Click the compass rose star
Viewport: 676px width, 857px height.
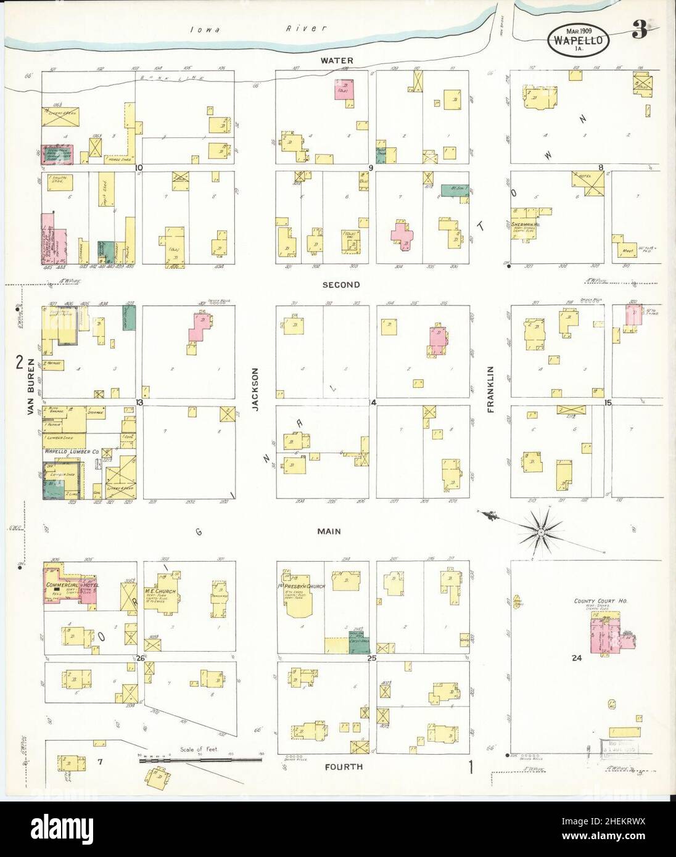point(540,531)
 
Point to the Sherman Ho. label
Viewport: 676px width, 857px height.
point(526,225)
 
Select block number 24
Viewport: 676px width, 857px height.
point(577,658)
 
